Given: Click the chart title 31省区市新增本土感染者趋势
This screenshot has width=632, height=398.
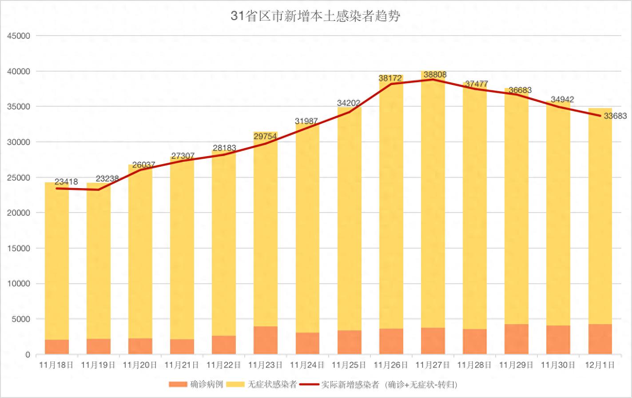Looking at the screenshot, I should click(x=316, y=16).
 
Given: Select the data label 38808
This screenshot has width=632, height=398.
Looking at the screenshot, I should click(x=435, y=75).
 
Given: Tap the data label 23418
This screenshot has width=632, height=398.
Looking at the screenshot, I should click(x=66, y=181).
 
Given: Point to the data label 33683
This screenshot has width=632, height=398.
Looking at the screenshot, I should click(x=615, y=116).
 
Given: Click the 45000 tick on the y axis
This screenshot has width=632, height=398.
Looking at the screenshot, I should click(x=18, y=36).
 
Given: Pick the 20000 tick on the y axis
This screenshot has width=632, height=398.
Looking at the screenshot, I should click(x=18, y=213).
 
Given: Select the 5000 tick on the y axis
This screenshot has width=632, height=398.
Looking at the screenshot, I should click(x=20, y=319).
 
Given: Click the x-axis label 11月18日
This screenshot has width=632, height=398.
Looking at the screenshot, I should click(x=56, y=365).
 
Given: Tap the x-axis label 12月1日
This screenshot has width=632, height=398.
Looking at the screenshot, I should click(x=600, y=365).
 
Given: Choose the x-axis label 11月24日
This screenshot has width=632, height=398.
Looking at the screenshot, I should click(x=307, y=365).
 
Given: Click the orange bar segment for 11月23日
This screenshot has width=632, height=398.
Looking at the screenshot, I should click(x=266, y=340).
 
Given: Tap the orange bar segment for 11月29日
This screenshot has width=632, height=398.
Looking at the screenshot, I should click(x=517, y=339).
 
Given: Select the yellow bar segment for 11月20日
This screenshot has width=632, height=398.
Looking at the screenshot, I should click(x=140, y=251).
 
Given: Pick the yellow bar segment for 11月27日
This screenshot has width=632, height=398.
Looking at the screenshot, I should click(x=433, y=200).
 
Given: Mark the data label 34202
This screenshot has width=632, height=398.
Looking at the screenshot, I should click(x=349, y=103).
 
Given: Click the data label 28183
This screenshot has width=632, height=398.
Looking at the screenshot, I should click(x=224, y=148).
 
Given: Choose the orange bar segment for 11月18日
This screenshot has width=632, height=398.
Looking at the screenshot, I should click(x=57, y=347).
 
